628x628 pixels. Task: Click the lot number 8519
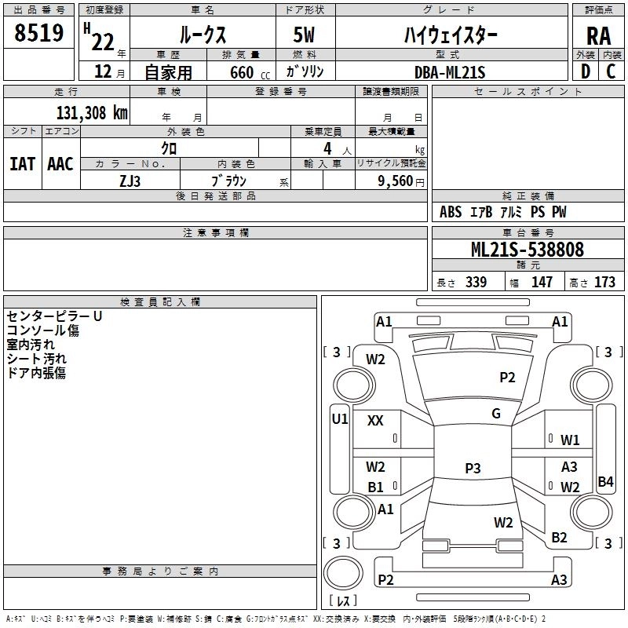tap(38, 34)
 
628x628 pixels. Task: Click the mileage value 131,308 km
tap(92, 113)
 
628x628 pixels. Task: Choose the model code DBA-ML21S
tap(450, 72)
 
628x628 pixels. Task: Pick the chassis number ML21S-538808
tap(527, 250)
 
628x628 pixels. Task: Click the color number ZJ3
tap(130, 180)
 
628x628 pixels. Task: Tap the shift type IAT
tap(22, 163)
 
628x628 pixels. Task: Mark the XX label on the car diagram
tap(375, 421)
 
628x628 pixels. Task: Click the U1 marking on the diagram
tap(339, 419)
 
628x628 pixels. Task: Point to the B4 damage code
tap(604, 482)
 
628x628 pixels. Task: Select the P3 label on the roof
tap(472, 469)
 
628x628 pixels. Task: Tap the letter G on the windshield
tap(496, 414)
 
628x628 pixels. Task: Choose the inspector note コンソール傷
tap(42, 330)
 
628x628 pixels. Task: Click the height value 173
tap(604, 283)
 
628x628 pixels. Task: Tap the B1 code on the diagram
tap(375, 487)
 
